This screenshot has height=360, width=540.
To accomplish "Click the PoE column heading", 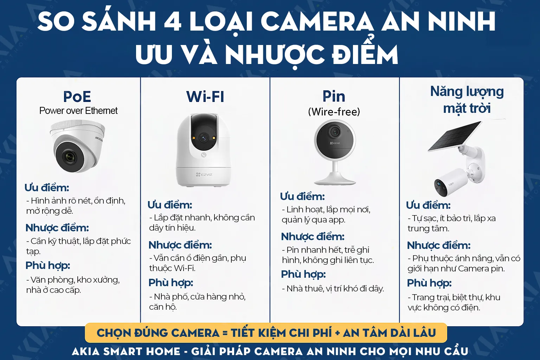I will pyautogui.click(x=77, y=97).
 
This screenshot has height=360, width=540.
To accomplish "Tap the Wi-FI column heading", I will pyautogui.click(x=205, y=97).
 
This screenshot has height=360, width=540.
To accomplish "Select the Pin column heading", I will pyautogui.click(x=334, y=96).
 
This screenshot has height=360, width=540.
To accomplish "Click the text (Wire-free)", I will pyautogui.click(x=334, y=112).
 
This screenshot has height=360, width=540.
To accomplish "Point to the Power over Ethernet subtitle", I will pyautogui.click(x=78, y=111).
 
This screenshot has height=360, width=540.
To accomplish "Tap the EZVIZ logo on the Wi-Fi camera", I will pyautogui.click(x=204, y=174).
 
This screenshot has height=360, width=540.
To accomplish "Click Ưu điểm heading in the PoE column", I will pyautogui.click(x=47, y=188).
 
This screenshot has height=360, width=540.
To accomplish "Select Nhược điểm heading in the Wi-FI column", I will pyautogui.click(x=180, y=245).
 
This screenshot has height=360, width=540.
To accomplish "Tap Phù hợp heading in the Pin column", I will pyautogui.click(x=303, y=274).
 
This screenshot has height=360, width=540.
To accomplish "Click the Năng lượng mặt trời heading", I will pyautogui.click(x=467, y=100).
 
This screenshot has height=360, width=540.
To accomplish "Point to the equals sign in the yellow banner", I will pyautogui.click(x=225, y=333).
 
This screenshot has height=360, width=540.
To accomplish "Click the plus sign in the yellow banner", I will pyautogui.click(x=337, y=333).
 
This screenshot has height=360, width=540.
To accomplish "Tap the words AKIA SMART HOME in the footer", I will pyautogui.click(x=126, y=351).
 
